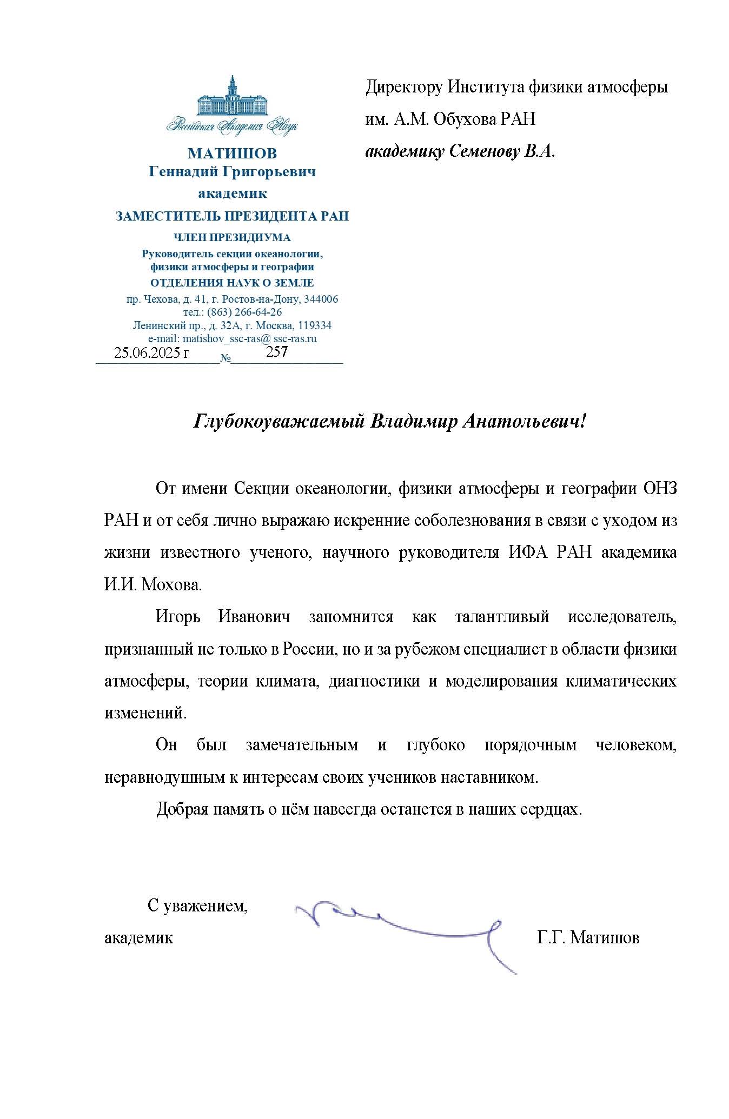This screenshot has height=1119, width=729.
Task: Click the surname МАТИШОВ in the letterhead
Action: [232, 154]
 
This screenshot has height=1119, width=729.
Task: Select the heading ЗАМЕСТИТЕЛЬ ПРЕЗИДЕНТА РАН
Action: [232, 217]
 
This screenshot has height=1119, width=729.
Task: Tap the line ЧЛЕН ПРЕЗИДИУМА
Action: [232, 237]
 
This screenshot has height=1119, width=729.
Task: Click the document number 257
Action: [277, 352]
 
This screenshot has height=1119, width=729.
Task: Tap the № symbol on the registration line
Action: [226, 358]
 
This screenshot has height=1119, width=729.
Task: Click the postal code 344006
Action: [321, 299]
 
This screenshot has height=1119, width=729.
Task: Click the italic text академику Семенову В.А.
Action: [460, 151]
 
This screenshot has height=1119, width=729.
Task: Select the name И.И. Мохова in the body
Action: [153, 585]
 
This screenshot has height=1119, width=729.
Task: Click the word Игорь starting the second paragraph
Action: [178, 617]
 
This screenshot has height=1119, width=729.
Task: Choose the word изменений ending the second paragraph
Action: [145, 713]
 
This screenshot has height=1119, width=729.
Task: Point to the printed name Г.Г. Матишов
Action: [588, 937]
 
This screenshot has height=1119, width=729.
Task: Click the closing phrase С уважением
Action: [197, 905]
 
